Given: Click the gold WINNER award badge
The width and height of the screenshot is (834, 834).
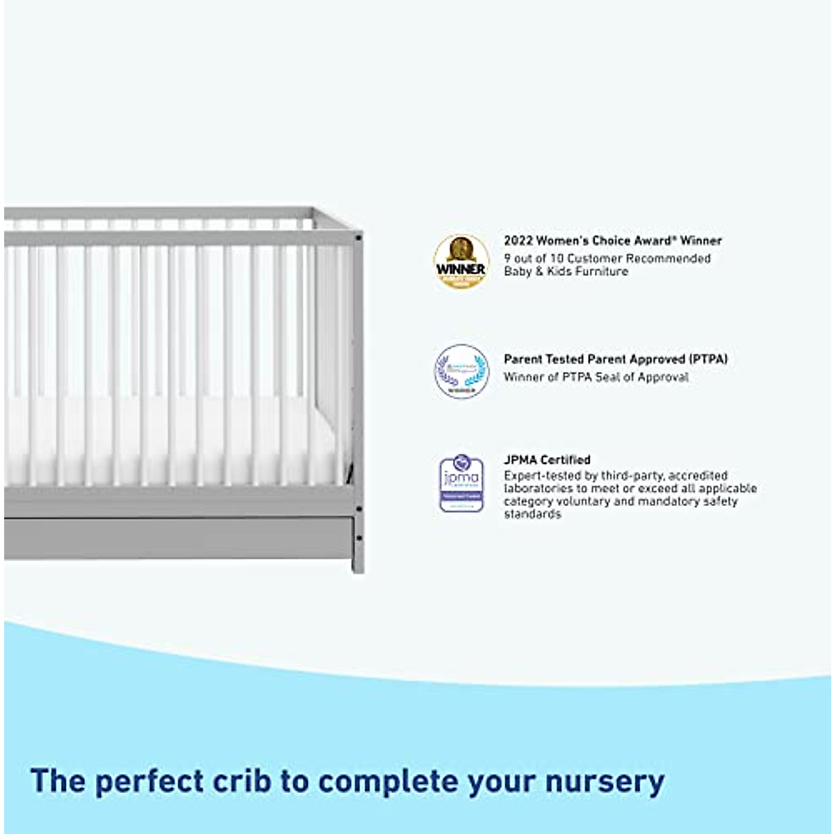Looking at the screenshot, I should (461, 262).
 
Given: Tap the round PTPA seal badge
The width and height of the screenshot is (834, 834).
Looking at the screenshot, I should (461, 372).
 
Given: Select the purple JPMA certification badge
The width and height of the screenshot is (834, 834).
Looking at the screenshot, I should (461, 484).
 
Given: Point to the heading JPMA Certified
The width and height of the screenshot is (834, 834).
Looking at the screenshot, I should (547, 459).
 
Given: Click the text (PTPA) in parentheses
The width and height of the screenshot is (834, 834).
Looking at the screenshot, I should (709, 359).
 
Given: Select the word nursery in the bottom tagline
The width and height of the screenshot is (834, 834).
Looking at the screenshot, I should (605, 782).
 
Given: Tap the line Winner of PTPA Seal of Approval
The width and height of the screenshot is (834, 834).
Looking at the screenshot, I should (596, 377).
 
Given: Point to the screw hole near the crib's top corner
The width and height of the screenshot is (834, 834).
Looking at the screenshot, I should (359, 238).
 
